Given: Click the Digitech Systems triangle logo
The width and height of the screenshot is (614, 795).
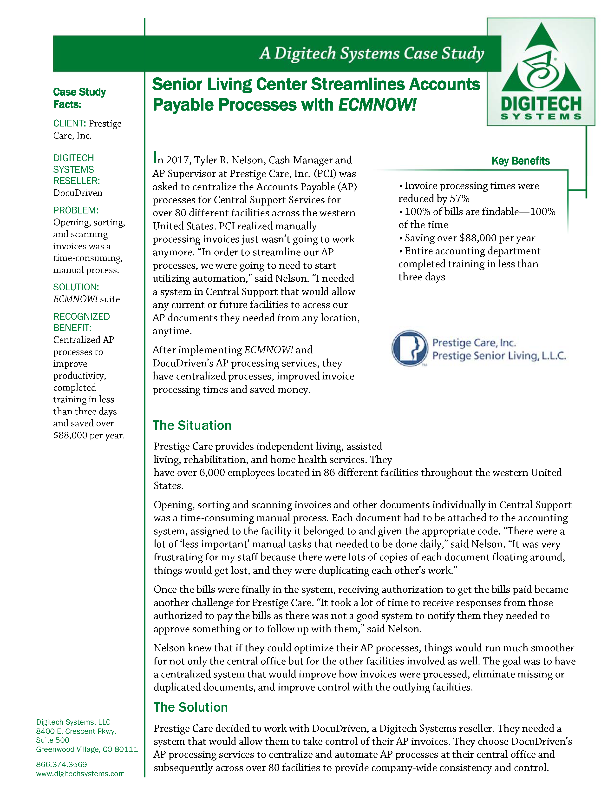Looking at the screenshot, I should click(x=541, y=58).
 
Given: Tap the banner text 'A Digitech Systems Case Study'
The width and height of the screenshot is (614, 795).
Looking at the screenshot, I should click(x=372, y=53).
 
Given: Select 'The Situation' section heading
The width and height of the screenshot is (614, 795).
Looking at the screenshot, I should click(x=192, y=425).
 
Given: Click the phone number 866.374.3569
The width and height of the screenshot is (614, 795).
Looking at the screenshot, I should click(x=61, y=764).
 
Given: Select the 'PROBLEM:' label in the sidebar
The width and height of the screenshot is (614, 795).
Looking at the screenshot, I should click(x=76, y=210).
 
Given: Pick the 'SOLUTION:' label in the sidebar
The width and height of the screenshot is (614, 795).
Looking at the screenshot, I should click(x=76, y=287).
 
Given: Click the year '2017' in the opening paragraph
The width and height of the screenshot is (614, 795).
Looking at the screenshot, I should click(x=178, y=160).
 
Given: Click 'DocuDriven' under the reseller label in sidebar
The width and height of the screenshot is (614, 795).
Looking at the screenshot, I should click(x=78, y=193).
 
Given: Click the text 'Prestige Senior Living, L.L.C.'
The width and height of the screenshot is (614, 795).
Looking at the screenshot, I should click(x=499, y=356).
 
